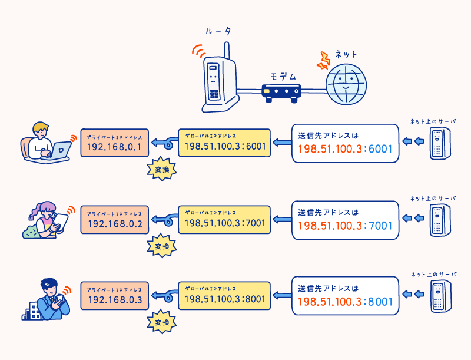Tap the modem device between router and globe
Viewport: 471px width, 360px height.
[x=281, y=93]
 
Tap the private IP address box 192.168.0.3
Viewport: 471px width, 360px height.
[x=114, y=295]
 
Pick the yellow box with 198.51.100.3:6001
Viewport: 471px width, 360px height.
[x=224, y=142]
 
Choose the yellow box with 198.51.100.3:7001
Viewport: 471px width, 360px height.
[x=224, y=219]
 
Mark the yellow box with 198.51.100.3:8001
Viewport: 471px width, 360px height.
[x=224, y=295]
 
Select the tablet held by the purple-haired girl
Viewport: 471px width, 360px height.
[x=61, y=222]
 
